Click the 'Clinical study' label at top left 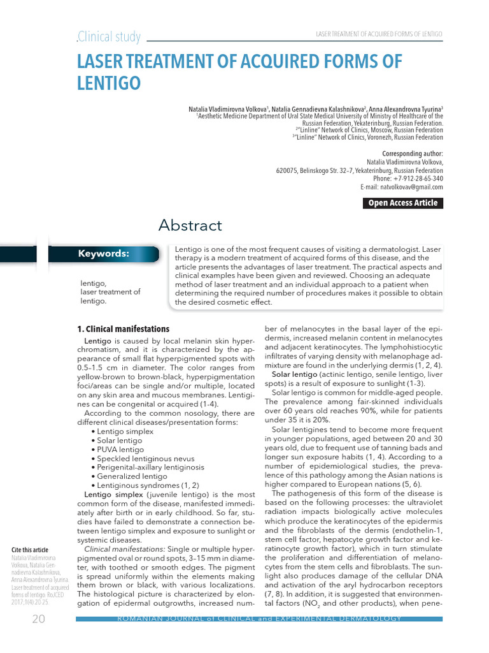pyautogui.click(x=109, y=37)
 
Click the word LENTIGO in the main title pyautogui.click(x=108, y=84)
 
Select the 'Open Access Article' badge pyautogui.click(x=403, y=203)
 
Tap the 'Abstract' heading pyautogui.click(x=190, y=225)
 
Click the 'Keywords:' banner pyautogui.click(x=104, y=254)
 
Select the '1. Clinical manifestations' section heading pyautogui.click(x=123, y=329)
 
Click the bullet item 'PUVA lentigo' pyautogui.click(x=121, y=450)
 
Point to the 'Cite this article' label pyautogui.click(x=30, y=550)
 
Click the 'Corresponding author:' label pyautogui.click(x=412, y=154)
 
